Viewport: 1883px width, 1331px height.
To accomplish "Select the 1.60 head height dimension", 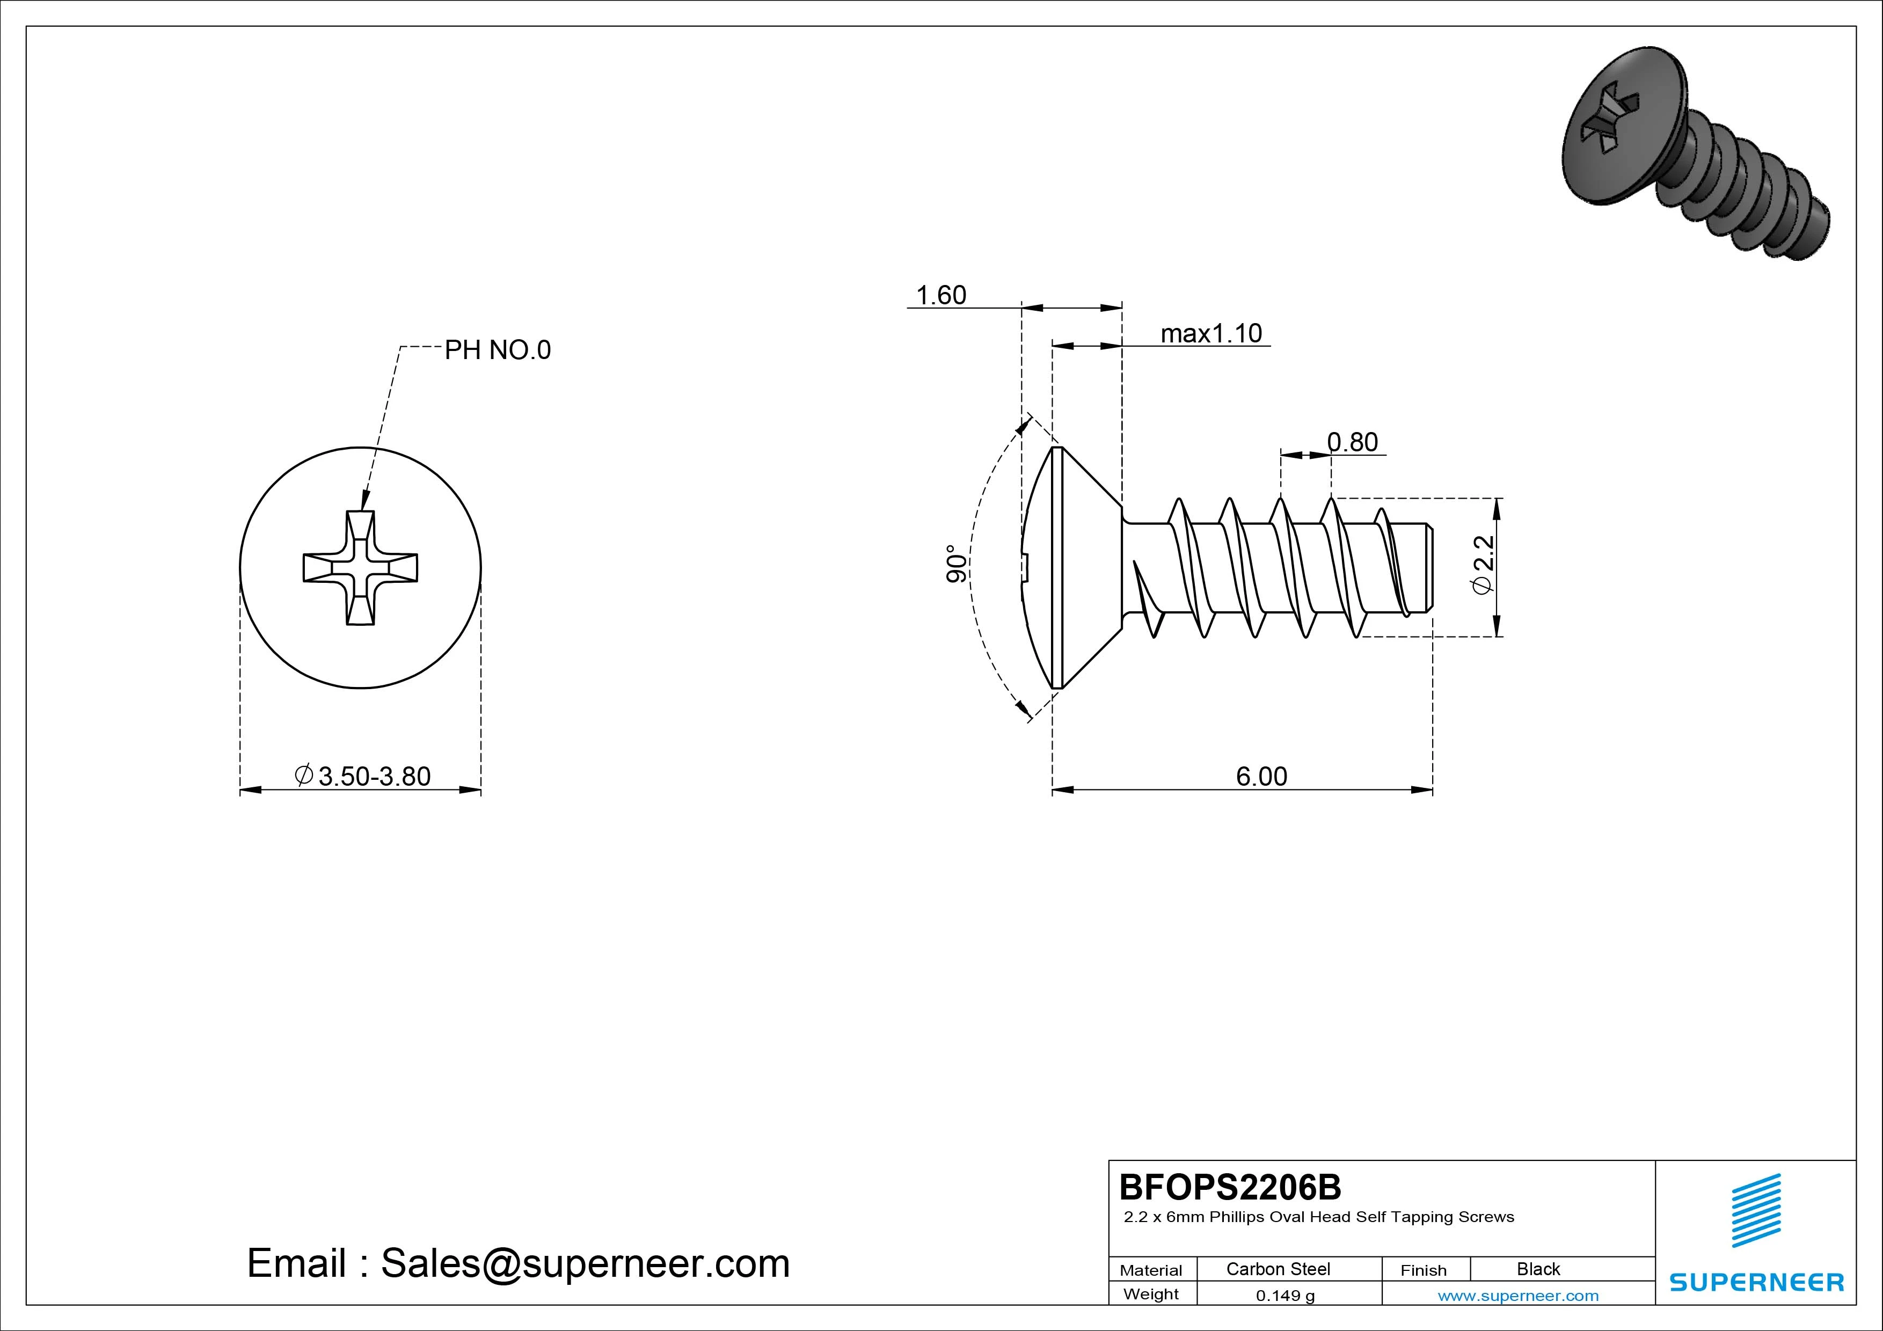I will coord(940,295).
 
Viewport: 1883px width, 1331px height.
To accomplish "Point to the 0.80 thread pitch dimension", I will coord(1352,442).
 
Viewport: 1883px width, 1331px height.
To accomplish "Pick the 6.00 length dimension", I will coord(1261,776).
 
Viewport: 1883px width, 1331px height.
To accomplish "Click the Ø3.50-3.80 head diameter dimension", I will coord(362,776).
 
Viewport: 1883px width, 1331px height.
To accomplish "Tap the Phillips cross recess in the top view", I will coord(360,567).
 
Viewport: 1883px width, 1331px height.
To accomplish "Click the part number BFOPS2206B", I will coord(1230,1187).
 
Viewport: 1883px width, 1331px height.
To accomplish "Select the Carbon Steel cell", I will coord(1278,1269).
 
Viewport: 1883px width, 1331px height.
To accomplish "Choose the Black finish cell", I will coord(1538,1269).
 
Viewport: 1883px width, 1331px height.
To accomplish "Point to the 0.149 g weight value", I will coord(1285,1296).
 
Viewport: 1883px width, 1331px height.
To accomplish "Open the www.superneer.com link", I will coord(1518,1296).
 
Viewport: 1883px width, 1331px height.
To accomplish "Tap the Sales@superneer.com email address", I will coord(585,1264).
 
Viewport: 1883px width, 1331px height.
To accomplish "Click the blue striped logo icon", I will coord(1756,1211).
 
